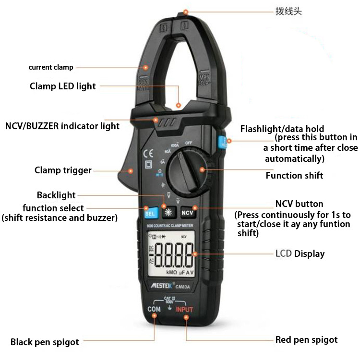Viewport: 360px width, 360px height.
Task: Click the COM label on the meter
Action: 154,310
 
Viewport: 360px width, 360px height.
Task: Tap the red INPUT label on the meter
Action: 184,310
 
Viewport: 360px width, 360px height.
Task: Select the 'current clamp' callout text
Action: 50,68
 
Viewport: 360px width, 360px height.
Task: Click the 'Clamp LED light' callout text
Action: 63,86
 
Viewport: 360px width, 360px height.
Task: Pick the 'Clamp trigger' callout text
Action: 63,170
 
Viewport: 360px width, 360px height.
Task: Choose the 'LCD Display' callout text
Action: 307,253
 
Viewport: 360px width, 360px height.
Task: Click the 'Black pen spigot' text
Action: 45,342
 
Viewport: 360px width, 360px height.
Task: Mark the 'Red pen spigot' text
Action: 306,340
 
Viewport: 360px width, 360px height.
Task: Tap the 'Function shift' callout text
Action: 294,175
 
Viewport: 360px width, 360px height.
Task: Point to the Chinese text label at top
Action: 288,11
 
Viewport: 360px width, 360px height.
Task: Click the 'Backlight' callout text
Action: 56,195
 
